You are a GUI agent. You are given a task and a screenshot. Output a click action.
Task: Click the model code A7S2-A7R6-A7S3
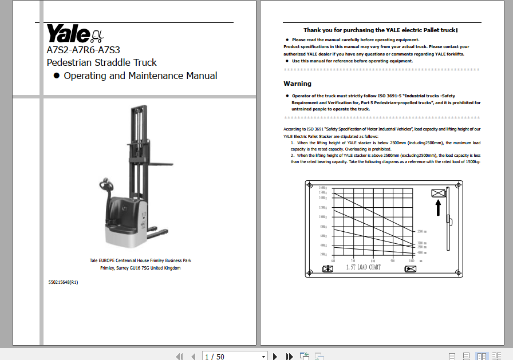[83, 50]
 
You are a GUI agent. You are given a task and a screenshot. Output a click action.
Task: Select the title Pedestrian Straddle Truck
[101, 62]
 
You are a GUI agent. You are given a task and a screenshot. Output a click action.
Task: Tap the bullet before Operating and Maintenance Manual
[56, 76]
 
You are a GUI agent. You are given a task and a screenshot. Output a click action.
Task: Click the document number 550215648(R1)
[63, 282]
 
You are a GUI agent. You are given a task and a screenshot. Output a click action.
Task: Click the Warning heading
[298, 84]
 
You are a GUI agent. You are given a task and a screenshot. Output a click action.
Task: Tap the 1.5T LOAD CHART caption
[363, 267]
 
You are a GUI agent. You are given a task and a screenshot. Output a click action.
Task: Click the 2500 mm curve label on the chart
[421, 231]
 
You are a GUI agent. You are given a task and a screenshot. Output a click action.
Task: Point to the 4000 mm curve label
[421, 252]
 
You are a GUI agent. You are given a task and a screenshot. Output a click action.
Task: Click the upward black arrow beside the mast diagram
[438, 207]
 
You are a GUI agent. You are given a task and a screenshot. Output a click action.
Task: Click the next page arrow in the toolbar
[275, 357]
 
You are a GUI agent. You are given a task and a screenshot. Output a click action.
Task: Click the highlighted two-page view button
[482, 357]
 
